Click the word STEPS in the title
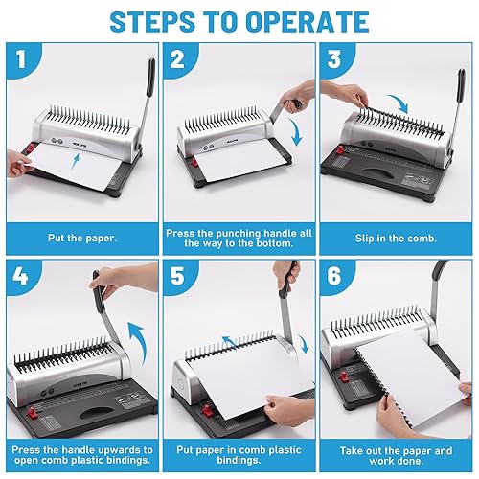[152, 22]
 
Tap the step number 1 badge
[21, 59]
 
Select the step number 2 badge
[177, 59]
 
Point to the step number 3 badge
[334, 59]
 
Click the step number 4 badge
[20, 276]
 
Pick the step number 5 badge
[177, 276]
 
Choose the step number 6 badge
[334, 276]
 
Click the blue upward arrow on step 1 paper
[75, 161]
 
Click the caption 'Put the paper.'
[82, 239]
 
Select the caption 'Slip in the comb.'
[396, 239]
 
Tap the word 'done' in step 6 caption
[411, 461]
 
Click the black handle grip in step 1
[150, 78]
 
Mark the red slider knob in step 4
[32, 412]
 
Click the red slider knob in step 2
[194, 161]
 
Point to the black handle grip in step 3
[461, 84]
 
